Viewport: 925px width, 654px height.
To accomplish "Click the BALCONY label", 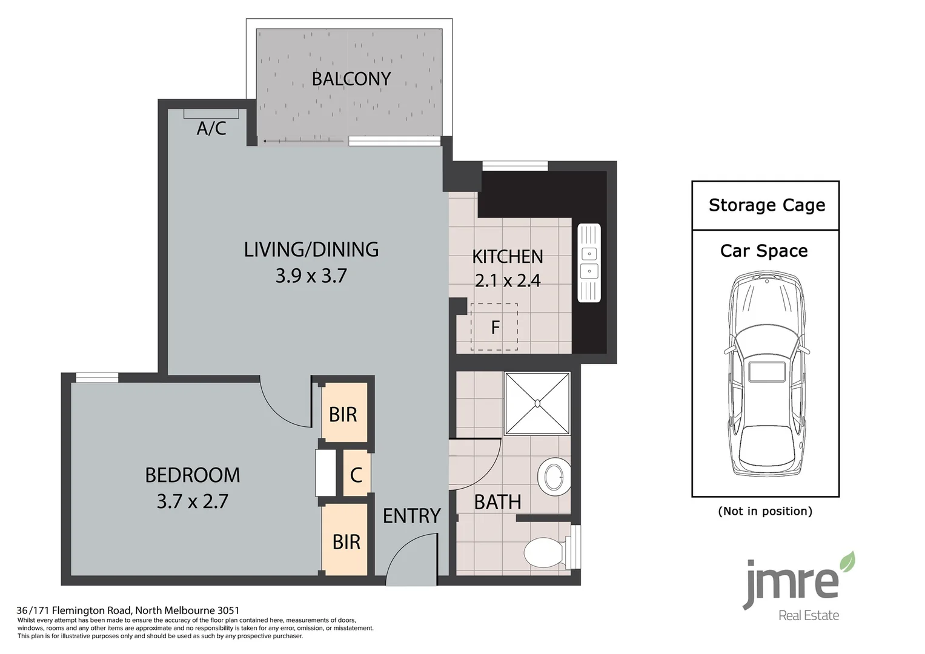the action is tap(351, 79).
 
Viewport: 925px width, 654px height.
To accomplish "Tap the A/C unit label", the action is tap(211, 128).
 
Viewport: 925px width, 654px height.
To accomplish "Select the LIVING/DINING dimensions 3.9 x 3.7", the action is tap(311, 276).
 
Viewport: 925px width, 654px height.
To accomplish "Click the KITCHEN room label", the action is tap(508, 257).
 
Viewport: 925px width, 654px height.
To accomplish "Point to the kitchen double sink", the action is tap(589, 263).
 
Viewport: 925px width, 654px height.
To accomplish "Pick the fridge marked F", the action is tap(494, 327).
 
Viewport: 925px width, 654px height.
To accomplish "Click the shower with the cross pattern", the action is tap(537, 403).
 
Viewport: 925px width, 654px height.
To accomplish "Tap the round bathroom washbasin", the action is tap(554, 477).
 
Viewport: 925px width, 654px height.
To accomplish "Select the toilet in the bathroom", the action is tap(552, 552).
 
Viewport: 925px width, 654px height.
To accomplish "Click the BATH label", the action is tap(497, 502).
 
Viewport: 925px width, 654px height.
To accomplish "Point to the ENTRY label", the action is tap(412, 516).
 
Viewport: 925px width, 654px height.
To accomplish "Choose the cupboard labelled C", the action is tap(356, 475).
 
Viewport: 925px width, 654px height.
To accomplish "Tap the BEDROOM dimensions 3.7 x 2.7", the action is tap(193, 501).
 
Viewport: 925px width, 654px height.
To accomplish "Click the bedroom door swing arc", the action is tap(274, 414).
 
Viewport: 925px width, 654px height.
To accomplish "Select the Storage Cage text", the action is tap(767, 205).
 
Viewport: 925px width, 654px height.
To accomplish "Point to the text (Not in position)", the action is tap(765, 511).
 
